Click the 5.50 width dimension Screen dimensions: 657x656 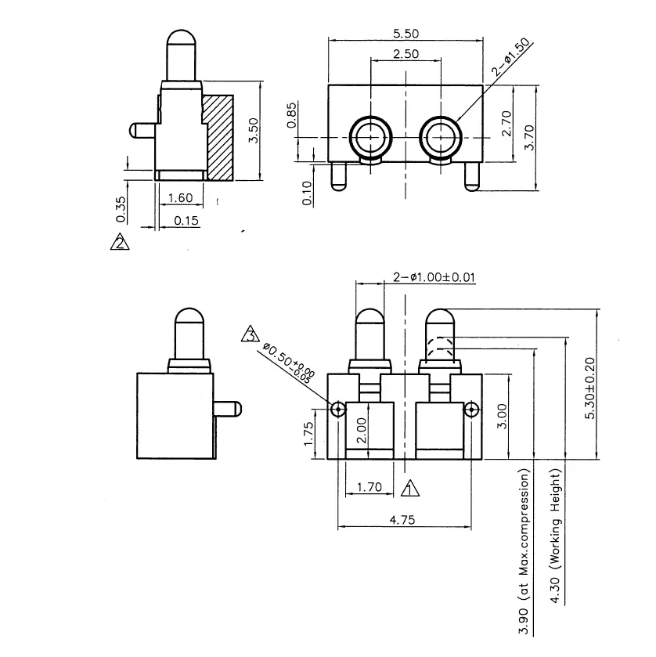(406, 33)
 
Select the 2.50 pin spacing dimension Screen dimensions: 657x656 (406, 54)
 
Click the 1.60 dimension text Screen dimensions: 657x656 (180, 199)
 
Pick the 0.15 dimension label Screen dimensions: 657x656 (186, 220)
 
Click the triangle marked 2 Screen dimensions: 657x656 (120, 242)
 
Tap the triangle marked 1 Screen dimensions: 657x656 (409, 489)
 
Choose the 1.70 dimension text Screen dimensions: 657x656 (369, 487)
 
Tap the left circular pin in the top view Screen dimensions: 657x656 (369, 137)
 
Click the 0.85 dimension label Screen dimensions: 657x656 (292, 115)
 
